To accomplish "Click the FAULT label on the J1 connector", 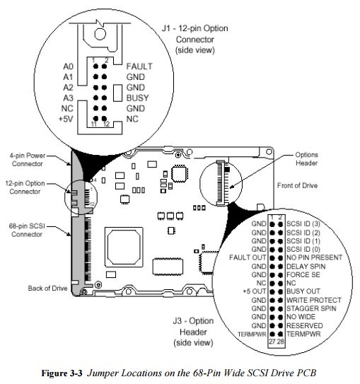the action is (x=139, y=66).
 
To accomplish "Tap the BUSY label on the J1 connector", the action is (x=137, y=98).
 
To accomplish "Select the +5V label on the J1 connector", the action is (x=66, y=119).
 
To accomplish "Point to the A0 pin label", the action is (x=68, y=66).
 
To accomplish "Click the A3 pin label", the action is (x=68, y=98).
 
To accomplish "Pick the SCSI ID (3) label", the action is (x=303, y=224).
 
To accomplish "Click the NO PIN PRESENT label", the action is (x=314, y=257).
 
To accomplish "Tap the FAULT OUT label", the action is (x=248, y=257).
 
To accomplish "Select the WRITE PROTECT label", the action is (x=314, y=300).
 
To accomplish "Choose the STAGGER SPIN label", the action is (x=311, y=308).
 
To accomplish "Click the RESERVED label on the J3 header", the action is (x=305, y=325).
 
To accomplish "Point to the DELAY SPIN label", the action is (x=306, y=266).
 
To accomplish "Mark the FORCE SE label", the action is (x=303, y=274).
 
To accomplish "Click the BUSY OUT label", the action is (x=303, y=291).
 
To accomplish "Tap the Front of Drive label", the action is (x=297, y=185).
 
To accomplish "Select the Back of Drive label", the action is (x=48, y=289).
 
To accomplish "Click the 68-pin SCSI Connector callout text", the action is (x=27, y=230).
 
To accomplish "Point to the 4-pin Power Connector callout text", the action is (x=27, y=159).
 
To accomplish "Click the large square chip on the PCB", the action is (x=124, y=247).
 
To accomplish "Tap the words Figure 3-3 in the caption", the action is (x=62, y=373).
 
